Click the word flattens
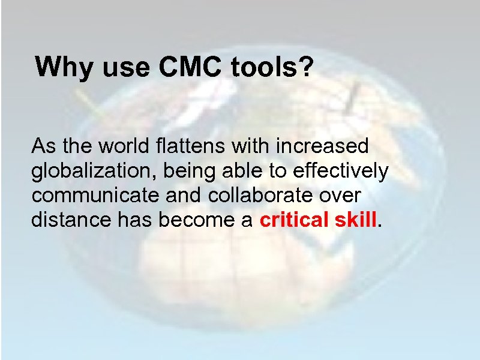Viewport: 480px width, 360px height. [x=188, y=146]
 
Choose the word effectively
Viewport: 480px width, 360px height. [x=340, y=171]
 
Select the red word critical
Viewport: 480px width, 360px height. [x=293, y=220]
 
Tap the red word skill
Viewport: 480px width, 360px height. [x=356, y=220]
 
